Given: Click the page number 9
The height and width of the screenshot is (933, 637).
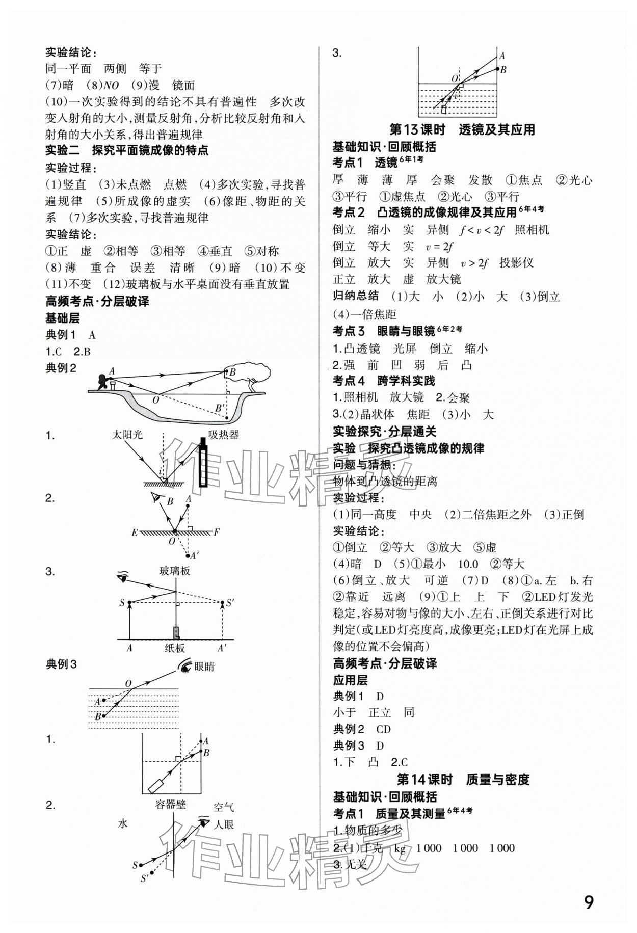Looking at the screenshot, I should (x=588, y=902).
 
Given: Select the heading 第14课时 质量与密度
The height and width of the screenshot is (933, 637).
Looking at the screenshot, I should (x=463, y=780).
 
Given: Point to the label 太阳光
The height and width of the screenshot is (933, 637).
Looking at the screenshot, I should (x=127, y=435).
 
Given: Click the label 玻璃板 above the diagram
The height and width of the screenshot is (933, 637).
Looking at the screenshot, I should (x=174, y=571).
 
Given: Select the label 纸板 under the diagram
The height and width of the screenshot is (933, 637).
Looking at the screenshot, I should (x=174, y=648).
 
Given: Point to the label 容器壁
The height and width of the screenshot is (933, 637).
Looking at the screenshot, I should (x=171, y=805).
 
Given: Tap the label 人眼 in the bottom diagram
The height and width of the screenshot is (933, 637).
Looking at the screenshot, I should (x=223, y=824).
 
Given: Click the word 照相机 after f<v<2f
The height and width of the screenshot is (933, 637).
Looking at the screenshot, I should (x=532, y=230).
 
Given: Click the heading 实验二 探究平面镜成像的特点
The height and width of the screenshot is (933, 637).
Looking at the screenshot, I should (x=127, y=151).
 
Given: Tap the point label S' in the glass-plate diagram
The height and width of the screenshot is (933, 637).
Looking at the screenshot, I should (x=229, y=603).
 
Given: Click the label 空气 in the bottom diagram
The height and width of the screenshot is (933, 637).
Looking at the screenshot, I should (x=223, y=807).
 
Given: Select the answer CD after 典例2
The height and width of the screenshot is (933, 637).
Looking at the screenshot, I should (x=383, y=729).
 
